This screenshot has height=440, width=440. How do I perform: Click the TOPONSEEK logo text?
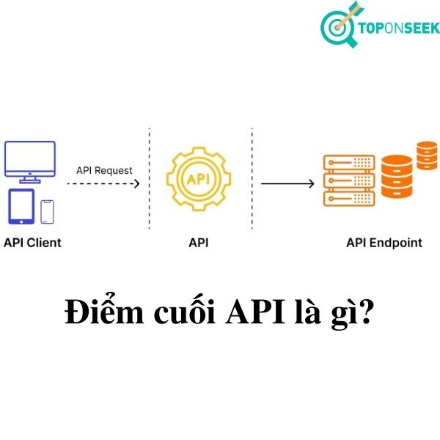[x=399, y=29]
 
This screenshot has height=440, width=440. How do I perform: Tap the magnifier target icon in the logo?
[x=339, y=28]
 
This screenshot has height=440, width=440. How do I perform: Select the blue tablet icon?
[x=21, y=206]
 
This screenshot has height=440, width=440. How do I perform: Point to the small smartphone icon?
[x=48, y=211]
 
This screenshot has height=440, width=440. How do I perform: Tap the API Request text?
[x=105, y=170]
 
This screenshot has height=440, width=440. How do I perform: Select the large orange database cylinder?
[x=397, y=175]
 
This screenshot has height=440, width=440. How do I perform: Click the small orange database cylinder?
[x=426, y=155]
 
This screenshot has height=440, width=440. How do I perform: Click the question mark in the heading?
[x=367, y=313]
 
